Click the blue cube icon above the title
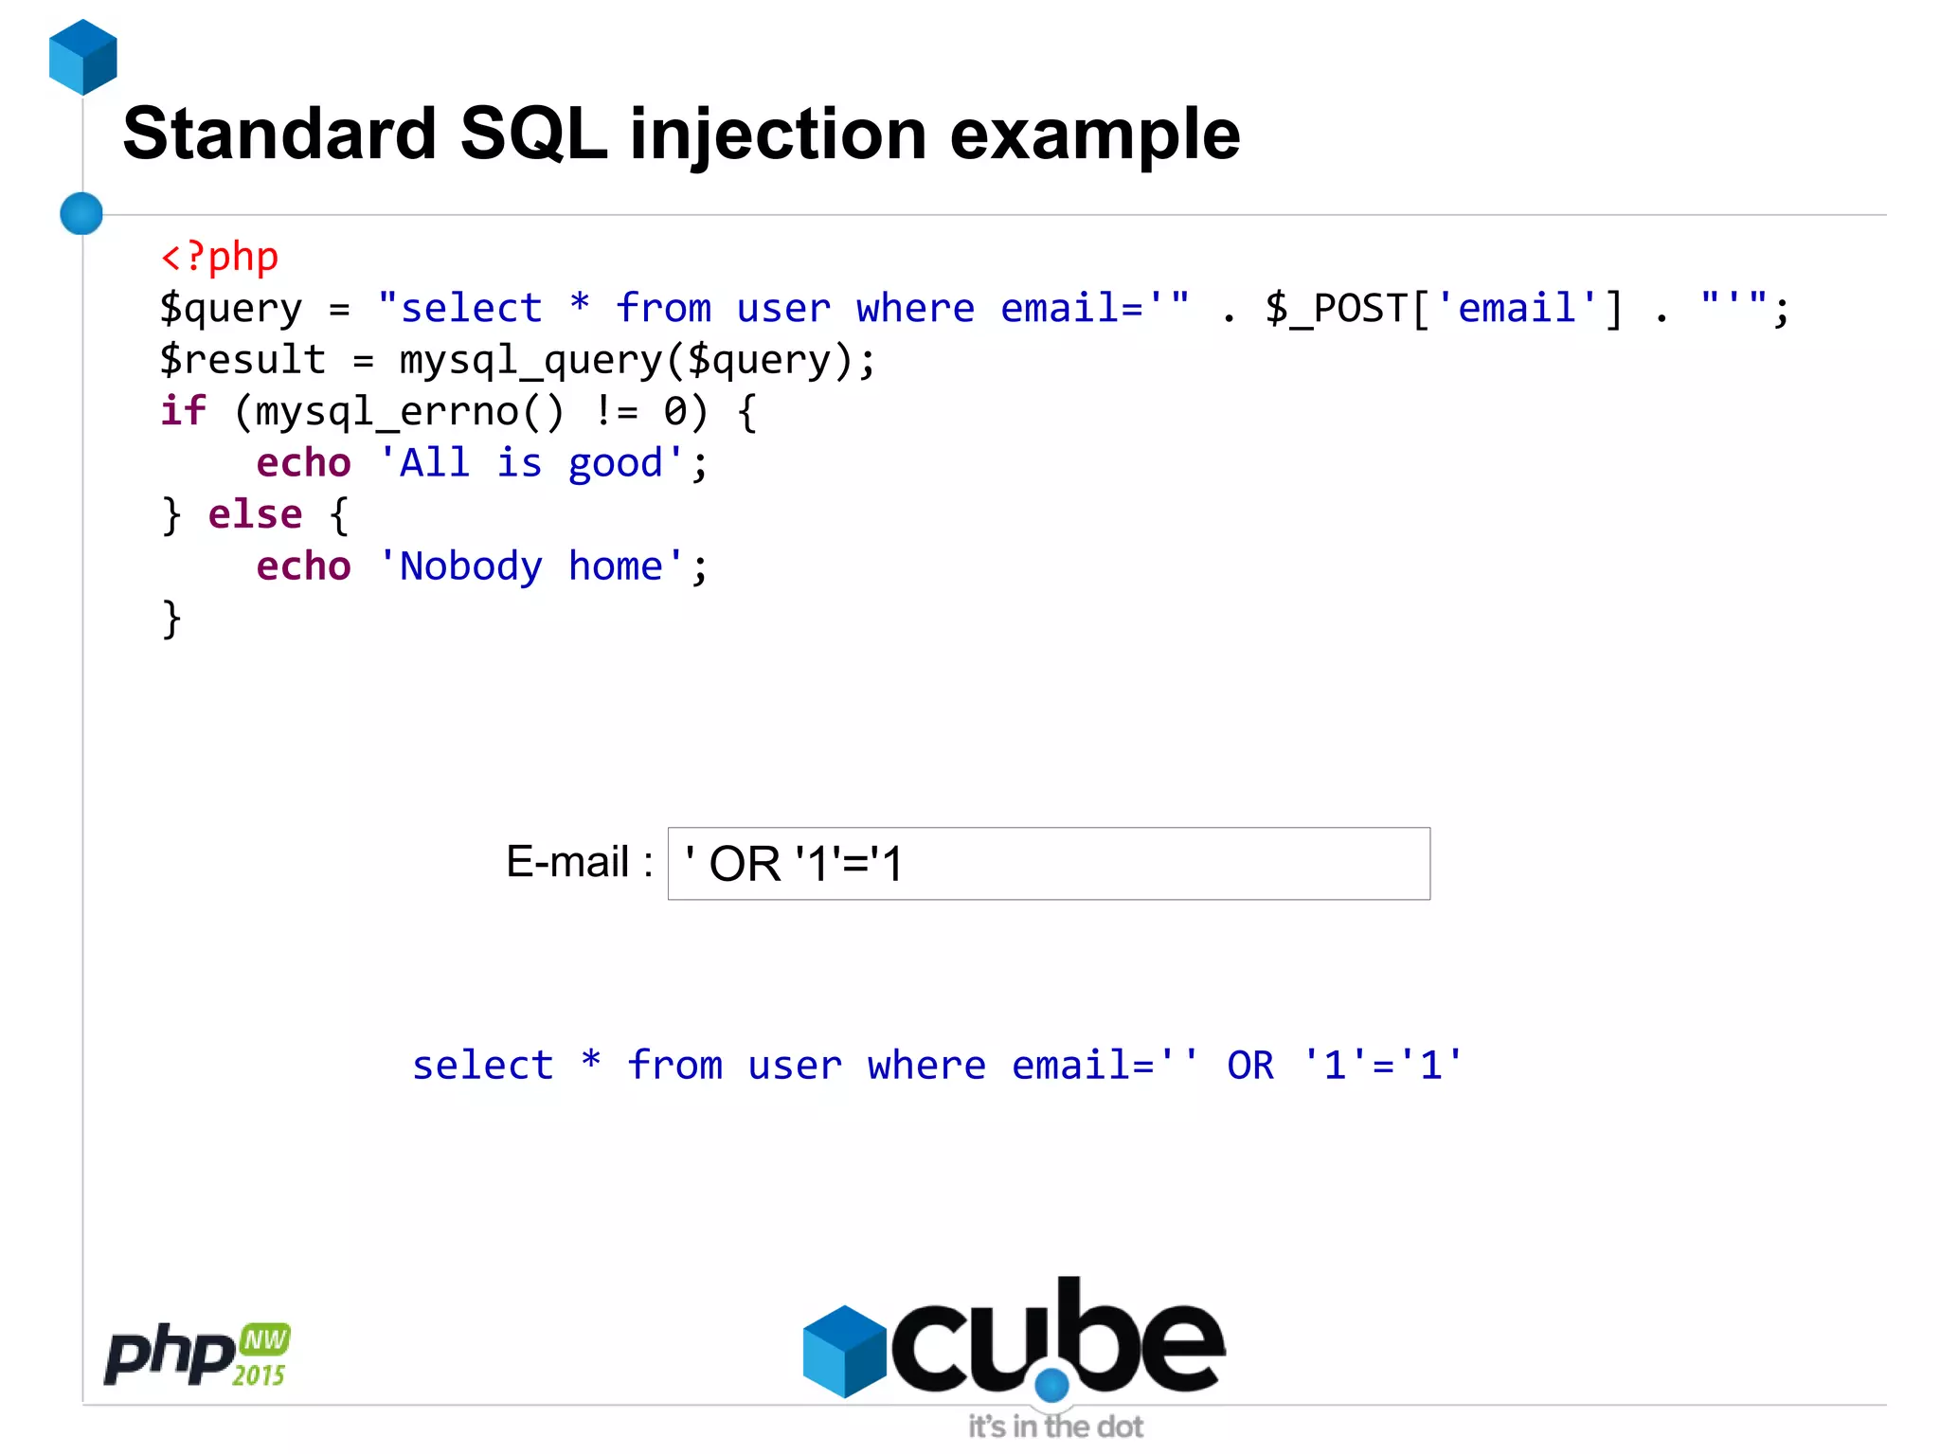tap(82, 57)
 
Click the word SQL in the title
tap(532, 134)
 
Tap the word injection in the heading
tap(778, 135)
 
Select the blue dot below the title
tap(81, 213)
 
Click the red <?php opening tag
tap(220, 257)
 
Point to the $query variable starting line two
tap(230, 309)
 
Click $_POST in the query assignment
tap(1336, 309)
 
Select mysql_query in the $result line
tap(530, 361)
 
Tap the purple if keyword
tap(183, 411)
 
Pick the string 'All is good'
tap(530, 463)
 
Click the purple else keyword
tap(255, 514)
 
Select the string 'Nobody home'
tap(530, 566)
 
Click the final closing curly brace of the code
tap(171, 619)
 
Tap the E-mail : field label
tap(579, 862)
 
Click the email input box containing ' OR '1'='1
tap(1048, 864)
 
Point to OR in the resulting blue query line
tap(1249, 1066)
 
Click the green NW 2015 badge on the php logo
tap(262, 1355)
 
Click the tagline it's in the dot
tap(1054, 1427)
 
